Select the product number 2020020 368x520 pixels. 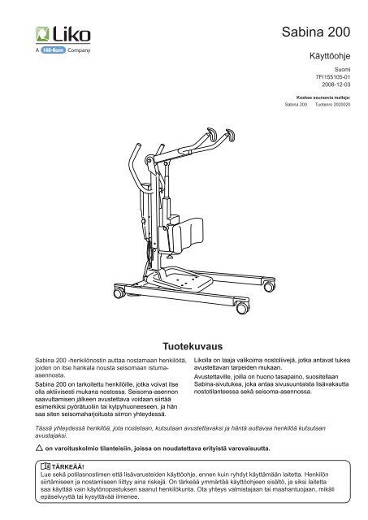(342, 115)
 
